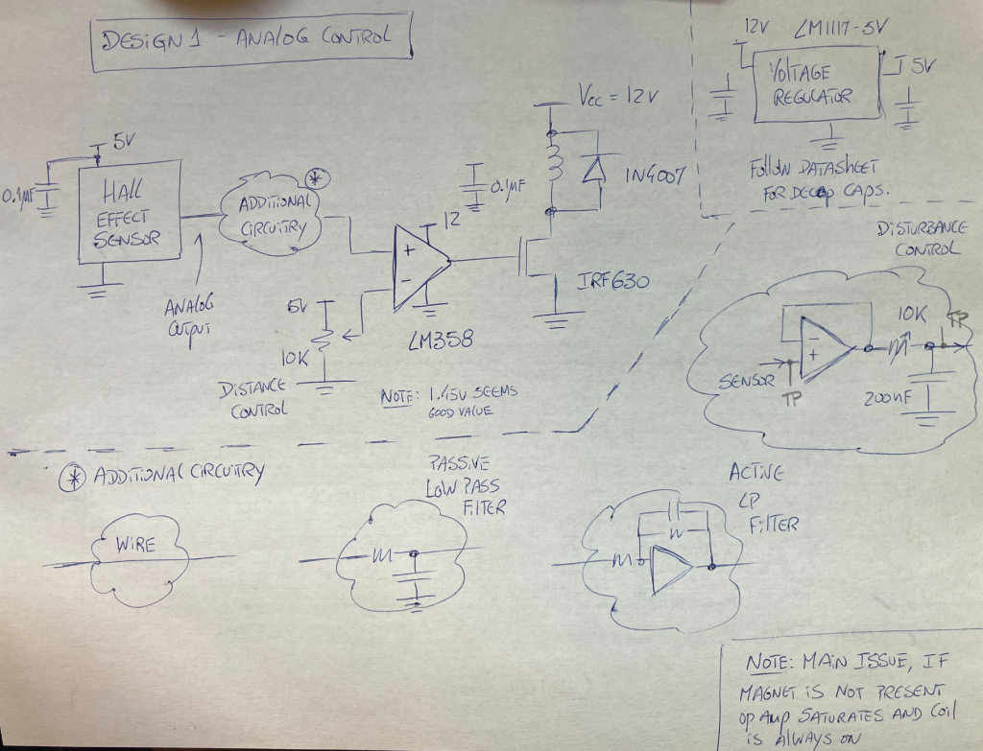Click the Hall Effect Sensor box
click(x=129, y=211)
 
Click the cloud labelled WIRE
click(x=134, y=550)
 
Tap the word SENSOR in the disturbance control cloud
click(x=746, y=380)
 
